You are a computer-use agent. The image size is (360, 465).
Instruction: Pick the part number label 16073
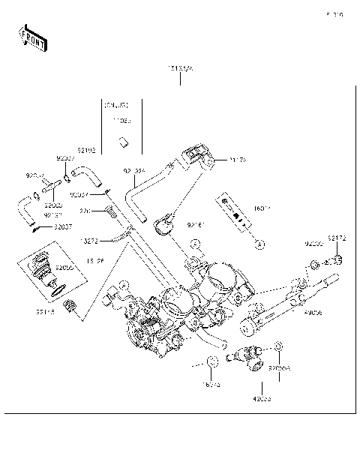(x=212, y=384)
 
